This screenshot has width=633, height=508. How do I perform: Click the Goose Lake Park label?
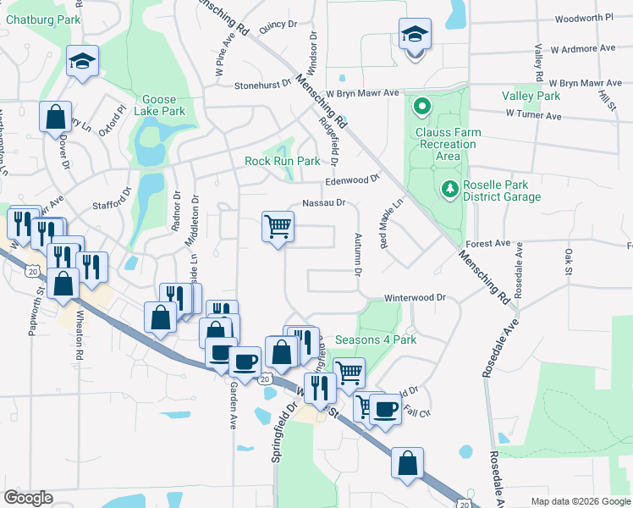(x=163, y=105)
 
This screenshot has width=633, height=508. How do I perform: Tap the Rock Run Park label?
(x=283, y=161)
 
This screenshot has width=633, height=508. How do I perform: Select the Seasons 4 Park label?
(x=376, y=340)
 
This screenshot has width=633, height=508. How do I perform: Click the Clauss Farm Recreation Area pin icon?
(x=422, y=108)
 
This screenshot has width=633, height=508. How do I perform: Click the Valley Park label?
(x=531, y=96)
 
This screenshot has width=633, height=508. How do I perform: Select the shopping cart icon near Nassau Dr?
(x=278, y=227)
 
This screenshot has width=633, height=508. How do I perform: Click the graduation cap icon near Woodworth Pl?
(x=414, y=35)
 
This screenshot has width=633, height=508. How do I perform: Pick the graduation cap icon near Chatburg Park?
(x=83, y=62)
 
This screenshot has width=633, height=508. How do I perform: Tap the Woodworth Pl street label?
(x=584, y=18)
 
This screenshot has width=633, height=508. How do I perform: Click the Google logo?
(x=28, y=498)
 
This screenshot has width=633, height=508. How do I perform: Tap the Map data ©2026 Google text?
(x=580, y=501)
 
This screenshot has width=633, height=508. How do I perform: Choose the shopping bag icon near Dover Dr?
(x=55, y=117)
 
